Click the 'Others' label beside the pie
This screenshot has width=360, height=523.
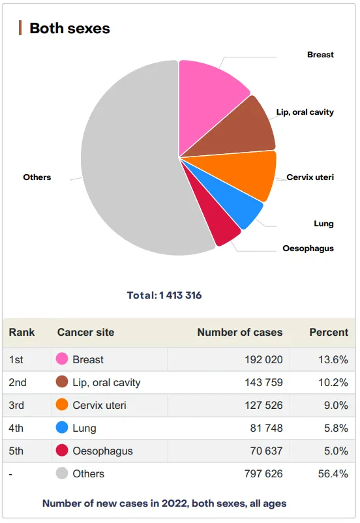point(37,177)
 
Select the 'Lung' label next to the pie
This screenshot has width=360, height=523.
point(323,224)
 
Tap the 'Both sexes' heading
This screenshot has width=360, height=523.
point(69,28)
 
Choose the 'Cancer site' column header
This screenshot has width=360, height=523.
point(85,332)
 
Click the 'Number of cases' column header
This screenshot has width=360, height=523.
point(239,332)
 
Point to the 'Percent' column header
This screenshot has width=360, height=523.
point(329,332)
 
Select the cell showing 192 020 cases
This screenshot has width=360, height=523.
point(263,359)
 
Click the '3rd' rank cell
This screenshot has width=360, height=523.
point(16,405)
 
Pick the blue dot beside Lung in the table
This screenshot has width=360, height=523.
point(62,428)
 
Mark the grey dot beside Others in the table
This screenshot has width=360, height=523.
point(62,473)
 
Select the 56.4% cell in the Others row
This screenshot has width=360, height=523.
point(333,473)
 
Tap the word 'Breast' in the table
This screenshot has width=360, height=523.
point(88,359)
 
